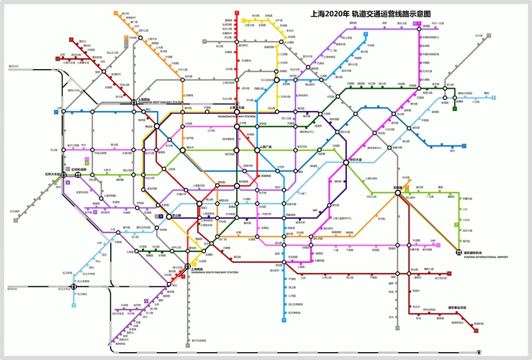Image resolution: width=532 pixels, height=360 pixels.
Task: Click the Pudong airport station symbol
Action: point(459,252)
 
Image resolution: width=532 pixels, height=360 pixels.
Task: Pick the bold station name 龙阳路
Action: point(397,188)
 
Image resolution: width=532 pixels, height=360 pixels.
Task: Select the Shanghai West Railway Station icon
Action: point(132,102)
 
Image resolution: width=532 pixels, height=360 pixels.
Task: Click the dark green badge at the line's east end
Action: point(455,109)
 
